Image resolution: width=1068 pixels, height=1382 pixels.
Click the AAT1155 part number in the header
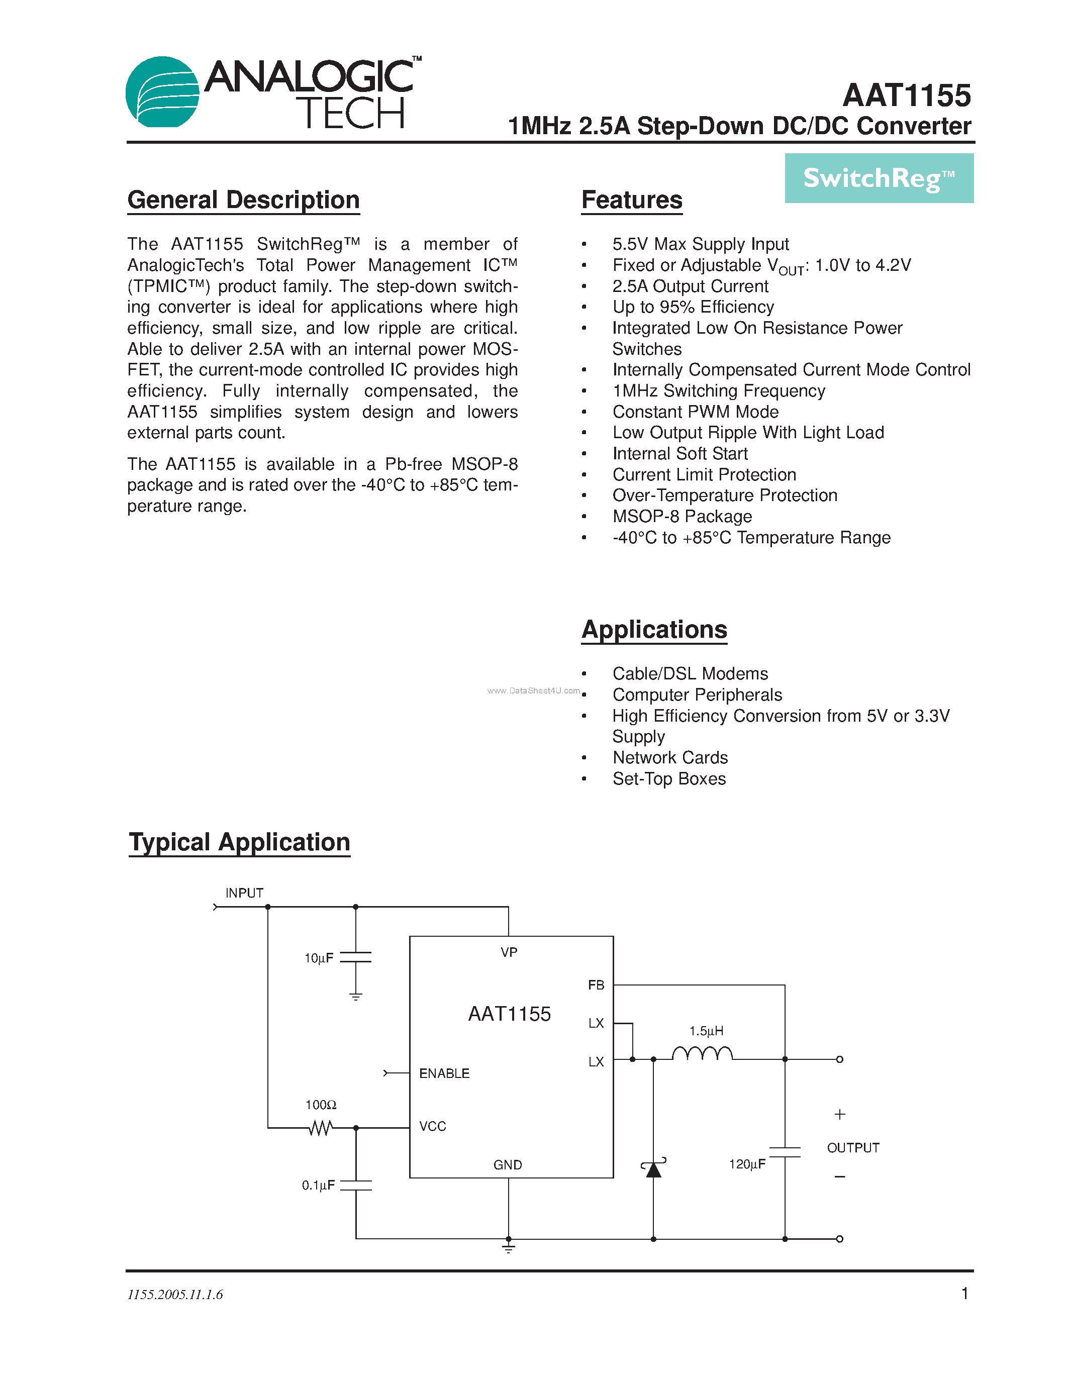pyautogui.click(x=907, y=96)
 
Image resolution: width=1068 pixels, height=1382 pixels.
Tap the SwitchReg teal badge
pyautogui.click(x=879, y=178)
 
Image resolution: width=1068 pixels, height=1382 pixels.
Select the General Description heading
pyautogui.click(x=244, y=201)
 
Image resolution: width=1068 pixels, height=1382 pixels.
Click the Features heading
pyautogui.click(x=631, y=201)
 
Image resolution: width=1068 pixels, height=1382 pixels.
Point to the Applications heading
pyautogui.click(x=654, y=630)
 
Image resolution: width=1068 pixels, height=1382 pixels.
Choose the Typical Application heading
pyautogui.click(x=239, y=842)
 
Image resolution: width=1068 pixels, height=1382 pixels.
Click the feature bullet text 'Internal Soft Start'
pyautogui.click(x=679, y=454)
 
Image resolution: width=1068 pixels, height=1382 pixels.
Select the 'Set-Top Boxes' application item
pyautogui.click(x=669, y=779)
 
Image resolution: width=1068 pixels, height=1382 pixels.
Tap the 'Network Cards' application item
pyautogui.click(x=670, y=758)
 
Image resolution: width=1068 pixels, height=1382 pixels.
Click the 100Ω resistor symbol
pyautogui.click(x=320, y=1128)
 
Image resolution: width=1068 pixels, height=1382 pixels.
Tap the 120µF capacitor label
pyautogui.click(x=746, y=1164)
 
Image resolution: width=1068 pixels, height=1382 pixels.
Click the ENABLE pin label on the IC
pyautogui.click(x=444, y=1074)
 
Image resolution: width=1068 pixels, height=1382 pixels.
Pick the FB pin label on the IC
pyautogui.click(x=596, y=985)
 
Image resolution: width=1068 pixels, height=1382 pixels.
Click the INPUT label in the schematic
pyautogui.click(x=244, y=893)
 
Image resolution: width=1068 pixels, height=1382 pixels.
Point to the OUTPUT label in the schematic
pyautogui.click(x=853, y=1148)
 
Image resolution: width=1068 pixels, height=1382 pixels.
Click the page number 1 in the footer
pyautogui.click(x=964, y=1294)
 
